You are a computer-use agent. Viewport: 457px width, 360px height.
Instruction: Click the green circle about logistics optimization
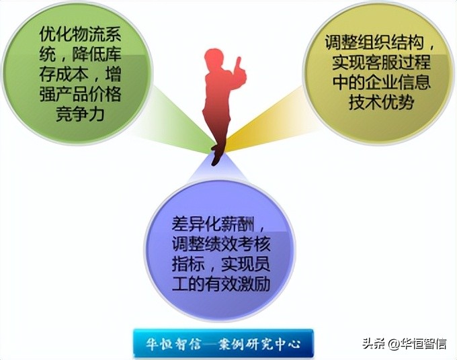[79, 74]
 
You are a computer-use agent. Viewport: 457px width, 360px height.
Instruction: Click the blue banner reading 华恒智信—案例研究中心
[223, 343]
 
